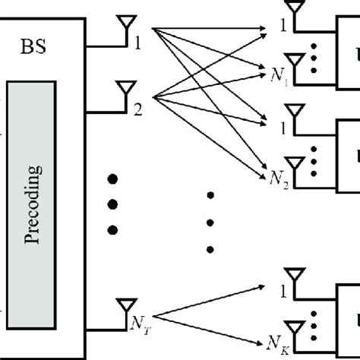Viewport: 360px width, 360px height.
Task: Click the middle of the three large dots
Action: [x=114, y=204]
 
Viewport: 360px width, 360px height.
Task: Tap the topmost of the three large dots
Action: [x=114, y=179]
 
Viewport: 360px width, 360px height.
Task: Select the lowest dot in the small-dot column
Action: [x=210, y=248]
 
